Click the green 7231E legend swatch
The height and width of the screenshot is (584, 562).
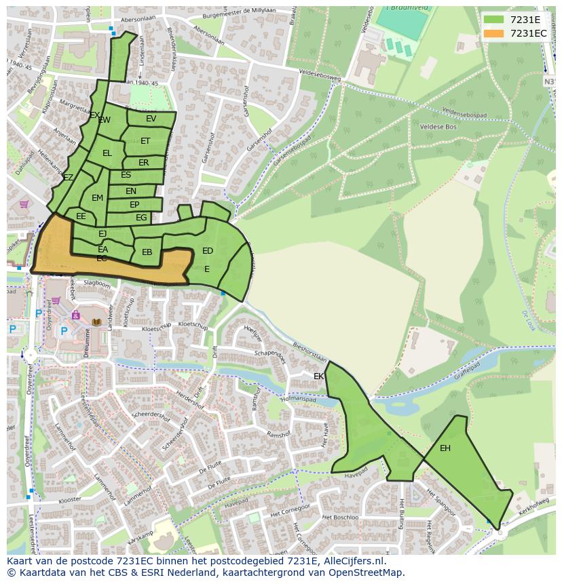[x=494, y=20]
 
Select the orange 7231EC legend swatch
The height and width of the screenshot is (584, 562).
[x=494, y=33]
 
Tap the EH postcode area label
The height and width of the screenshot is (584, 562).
[x=445, y=448]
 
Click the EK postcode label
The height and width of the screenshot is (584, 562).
[x=319, y=376]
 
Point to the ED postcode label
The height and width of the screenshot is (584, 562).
[x=208, y=251]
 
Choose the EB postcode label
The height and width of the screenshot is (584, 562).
[x=147, y=252]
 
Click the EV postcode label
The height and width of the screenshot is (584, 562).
[x=151, y=119]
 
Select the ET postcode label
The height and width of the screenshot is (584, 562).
[x=145, y=141]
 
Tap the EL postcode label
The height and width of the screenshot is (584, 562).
[x=107, y=153]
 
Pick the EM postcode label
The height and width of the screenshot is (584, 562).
[x=97, y=198]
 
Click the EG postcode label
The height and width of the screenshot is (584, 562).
[x=141, y=218]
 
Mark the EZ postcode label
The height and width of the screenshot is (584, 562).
[x=68, y=178]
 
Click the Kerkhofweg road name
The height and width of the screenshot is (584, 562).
[x=533, y=507]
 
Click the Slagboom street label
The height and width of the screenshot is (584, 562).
[x=96, y=283]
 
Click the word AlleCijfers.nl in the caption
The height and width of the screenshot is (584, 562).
[x=352, y=562]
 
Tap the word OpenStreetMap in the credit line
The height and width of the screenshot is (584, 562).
[x=366, y=573]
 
